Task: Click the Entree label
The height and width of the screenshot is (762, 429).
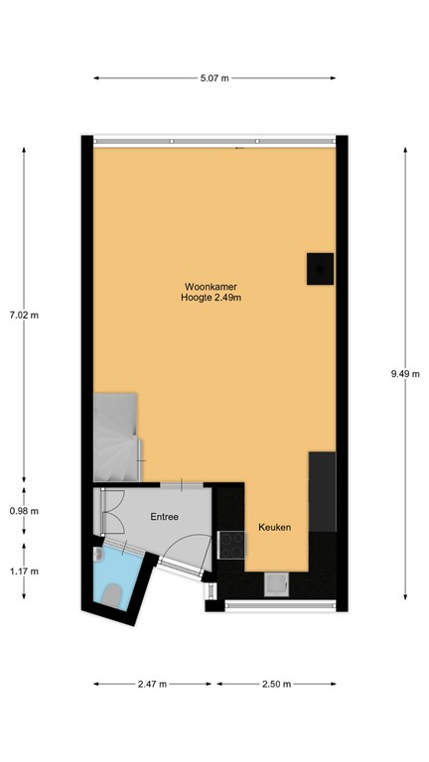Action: [165, 517]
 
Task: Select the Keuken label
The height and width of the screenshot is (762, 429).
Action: [274, 528]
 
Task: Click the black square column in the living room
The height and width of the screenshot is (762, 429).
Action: [318, 268]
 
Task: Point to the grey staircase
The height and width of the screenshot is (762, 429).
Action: [116, 437]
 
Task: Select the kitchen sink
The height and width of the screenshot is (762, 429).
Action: [275, 585]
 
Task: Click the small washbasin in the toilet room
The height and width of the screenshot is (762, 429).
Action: [96, 557]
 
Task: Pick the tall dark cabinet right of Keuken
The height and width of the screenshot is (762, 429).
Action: [323, 491]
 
